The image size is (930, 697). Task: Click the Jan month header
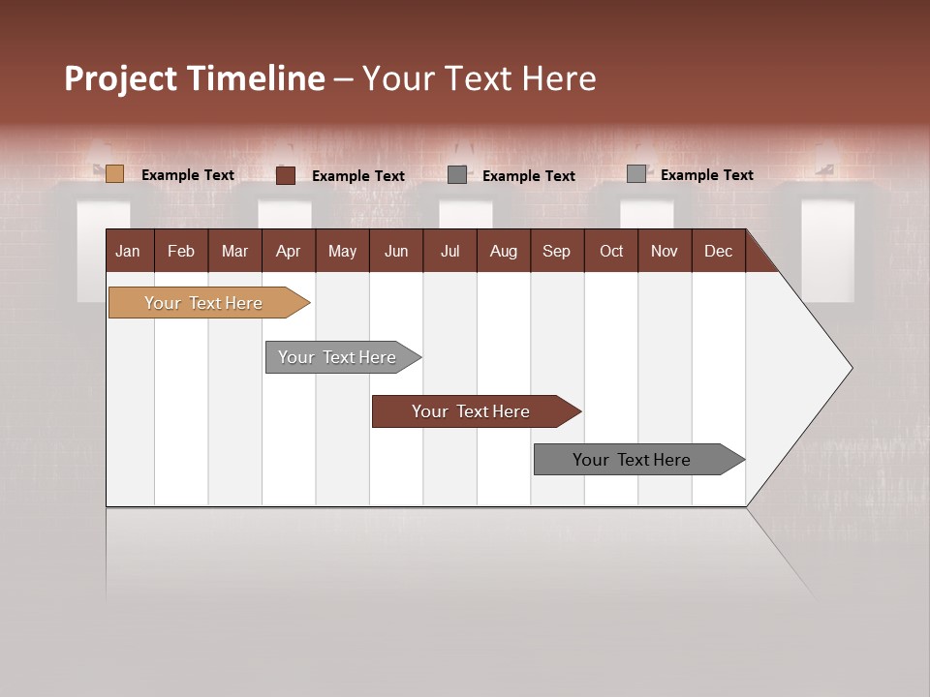pyautogui.click(x=129, y=251)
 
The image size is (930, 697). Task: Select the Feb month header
pyautogui.click(x=181, y=251)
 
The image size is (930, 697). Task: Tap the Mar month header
pyautogui.click(x=234, y=251)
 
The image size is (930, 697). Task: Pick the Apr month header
pyautogui.click(x=289, y=251)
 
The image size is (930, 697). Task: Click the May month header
pyautogui.click(x=342, y=251)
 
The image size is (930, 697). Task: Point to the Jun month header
pyautogui.click(x=396, y=251)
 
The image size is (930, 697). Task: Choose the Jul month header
pyautogui.click(x=449, y=251)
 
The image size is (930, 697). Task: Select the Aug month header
pyautogui.click(x=504, y=251)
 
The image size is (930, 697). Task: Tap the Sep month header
pyautogui.click(x=557, y=251)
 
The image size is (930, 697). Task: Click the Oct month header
pyautogui.click(x=611, y=251)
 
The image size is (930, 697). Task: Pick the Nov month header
pyautogui.click(x=665, y=251)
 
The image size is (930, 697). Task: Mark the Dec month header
pyautogui.click(x=719, y=251)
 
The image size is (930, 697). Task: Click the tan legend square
pyautogui.click(x=114, y=174)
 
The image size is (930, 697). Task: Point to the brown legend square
pyautogui.click(x=286, y=175)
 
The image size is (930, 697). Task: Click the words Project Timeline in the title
pyautogui.click(x=195, y=78)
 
